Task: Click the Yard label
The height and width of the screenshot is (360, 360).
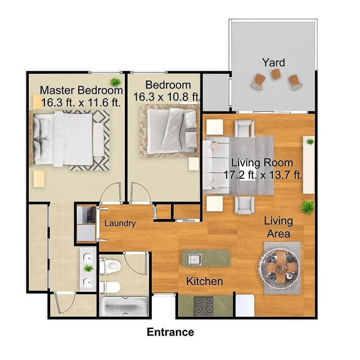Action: click(x=273, y=62)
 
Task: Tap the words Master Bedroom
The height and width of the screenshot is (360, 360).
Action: click(x=82, y=90)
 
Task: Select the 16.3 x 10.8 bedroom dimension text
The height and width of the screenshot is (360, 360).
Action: click(x=167, y=96)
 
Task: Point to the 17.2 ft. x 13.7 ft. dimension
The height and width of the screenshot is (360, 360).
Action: click(x=263, y=175)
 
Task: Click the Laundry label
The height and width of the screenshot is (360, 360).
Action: click(x=120, y=223)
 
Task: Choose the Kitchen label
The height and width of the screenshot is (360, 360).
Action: click(x=205, y=281)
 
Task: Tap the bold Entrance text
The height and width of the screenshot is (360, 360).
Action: click(x=170, y=332)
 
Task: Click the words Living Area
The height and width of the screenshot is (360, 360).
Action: click(x=278, y=228)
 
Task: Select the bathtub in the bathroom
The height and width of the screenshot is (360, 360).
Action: click(x=124, y=306)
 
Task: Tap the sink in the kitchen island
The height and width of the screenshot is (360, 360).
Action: click(x=195, y=259)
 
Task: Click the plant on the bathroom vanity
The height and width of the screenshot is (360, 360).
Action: click(x=88, y=268)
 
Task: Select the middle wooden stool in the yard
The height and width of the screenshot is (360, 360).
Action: click(x=276, y=74)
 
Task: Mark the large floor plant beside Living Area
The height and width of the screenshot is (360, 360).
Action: click(x=307, y=207)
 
